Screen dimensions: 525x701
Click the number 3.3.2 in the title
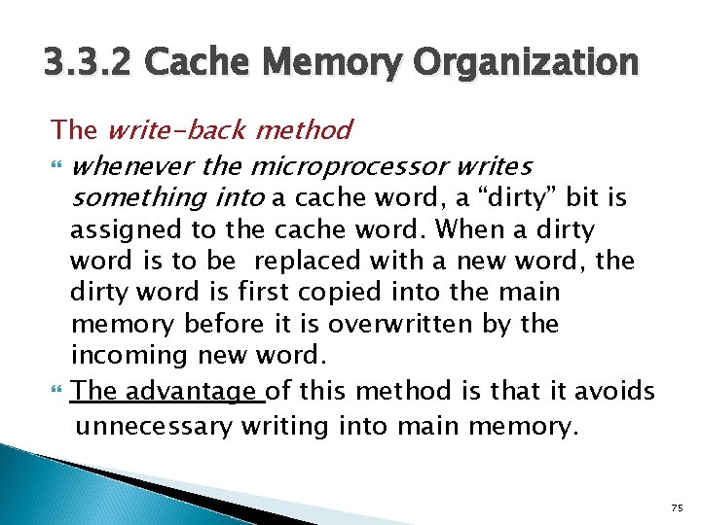(x=90, y=64)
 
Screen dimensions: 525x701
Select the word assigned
(x=116, y=230)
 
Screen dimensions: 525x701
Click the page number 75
(x=677, y=507)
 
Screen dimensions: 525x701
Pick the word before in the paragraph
(x=225, y=324)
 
